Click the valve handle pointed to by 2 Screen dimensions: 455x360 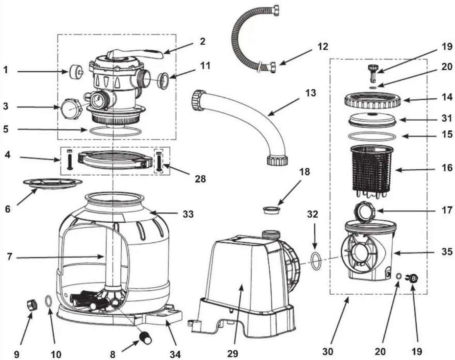[x=136, y=55]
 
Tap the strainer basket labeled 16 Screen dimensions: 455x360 [x=372, y=172]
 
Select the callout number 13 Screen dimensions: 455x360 [x=310, y=94]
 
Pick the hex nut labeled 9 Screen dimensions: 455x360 [x=32, y=305]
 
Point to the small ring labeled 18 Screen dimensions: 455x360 [x=272, y=210]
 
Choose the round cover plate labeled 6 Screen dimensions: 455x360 [x=53, y=184]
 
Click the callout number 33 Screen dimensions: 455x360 [x=188, y=214]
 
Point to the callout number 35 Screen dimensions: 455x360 [x=446, y=252]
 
